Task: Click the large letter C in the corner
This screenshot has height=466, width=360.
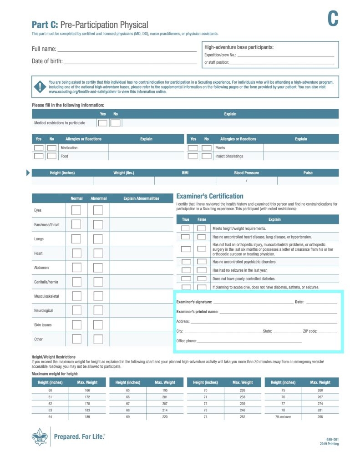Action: [x=333, y=19]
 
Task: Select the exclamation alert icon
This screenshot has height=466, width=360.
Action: [x=40, y=86]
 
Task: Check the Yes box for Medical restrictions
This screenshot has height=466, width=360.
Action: [x=103, y=123]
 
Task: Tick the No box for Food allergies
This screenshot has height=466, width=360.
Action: [x=52, y=156]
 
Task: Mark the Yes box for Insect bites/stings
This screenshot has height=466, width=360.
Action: [x=193, y=156]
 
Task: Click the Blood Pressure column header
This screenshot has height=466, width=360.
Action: [x=246, y=173]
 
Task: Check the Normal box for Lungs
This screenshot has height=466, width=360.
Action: [x=76, y=239]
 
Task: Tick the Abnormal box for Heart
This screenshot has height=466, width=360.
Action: [x=98, y=253]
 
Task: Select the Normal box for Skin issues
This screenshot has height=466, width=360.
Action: [x=76, y=325]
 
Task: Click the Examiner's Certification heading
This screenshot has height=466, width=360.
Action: [x=210, y=196]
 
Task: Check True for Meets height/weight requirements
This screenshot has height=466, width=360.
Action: [x=186, y=228]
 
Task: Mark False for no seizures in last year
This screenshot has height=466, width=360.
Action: [x=201, y=270]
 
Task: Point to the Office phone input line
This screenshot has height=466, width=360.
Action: [x=249, y=341]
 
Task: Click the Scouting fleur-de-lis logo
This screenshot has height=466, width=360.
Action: [x=39, y=437]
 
